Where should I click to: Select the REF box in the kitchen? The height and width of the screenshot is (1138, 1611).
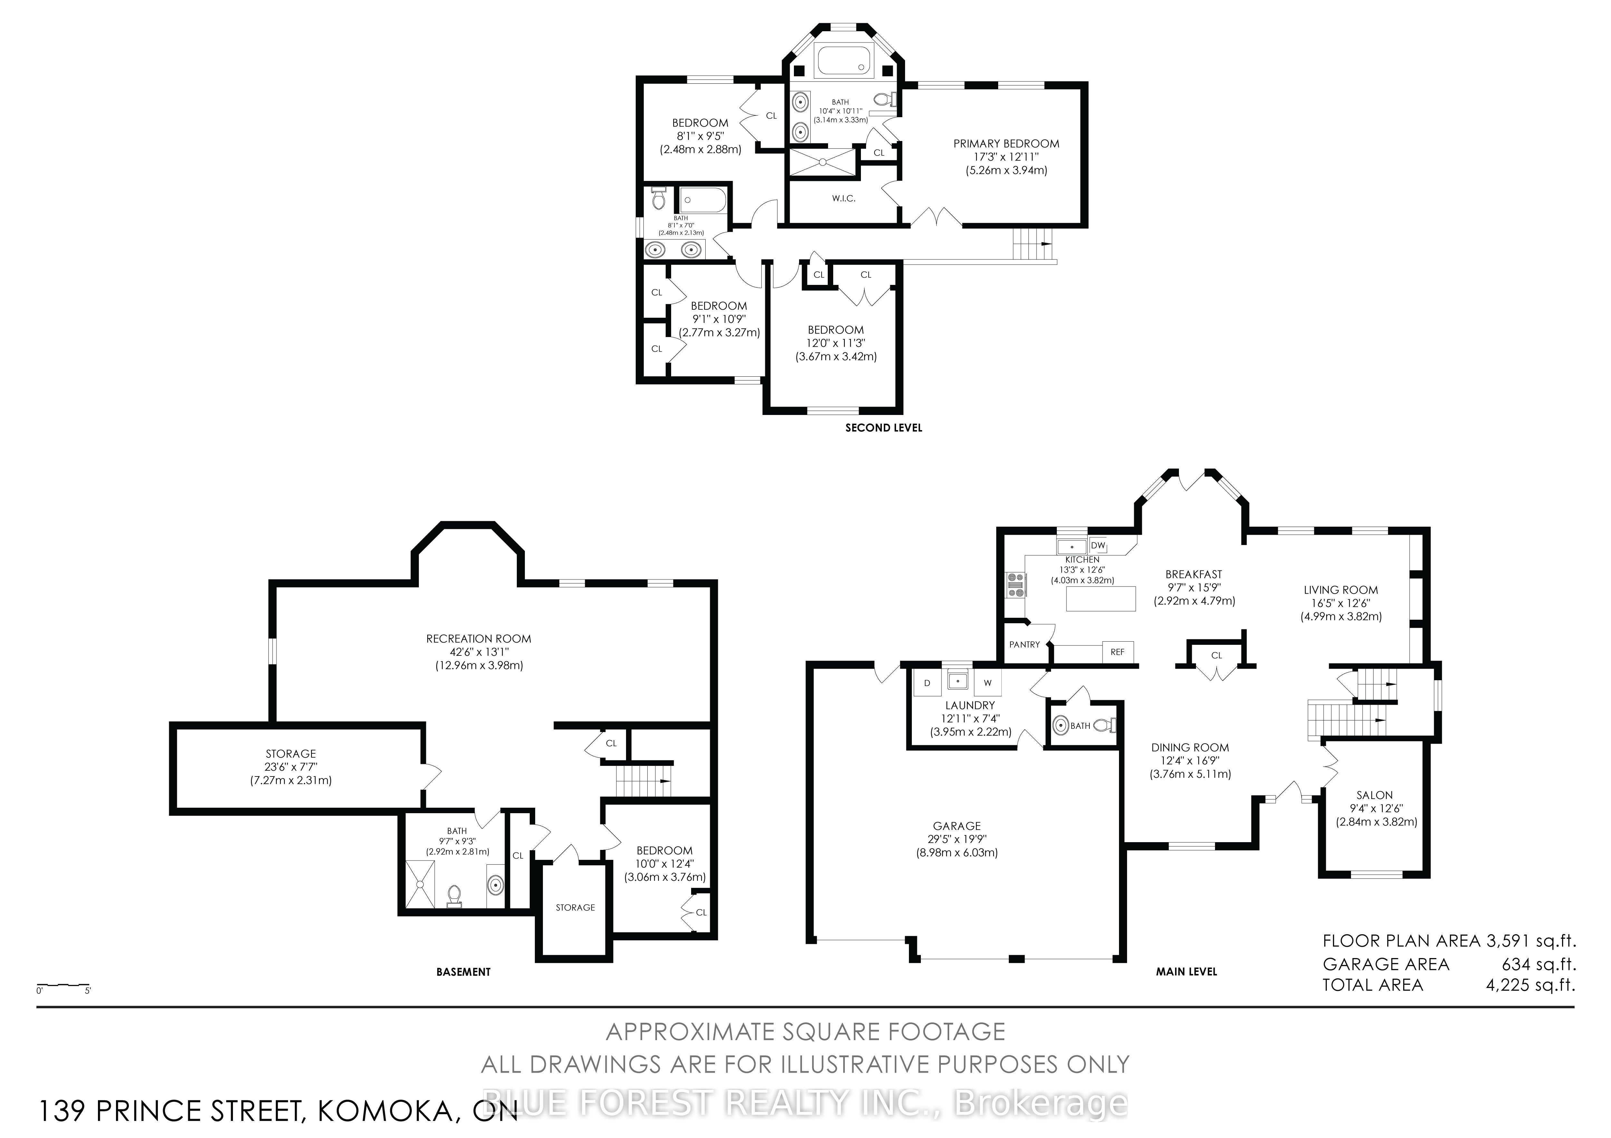[x=1118, y=652]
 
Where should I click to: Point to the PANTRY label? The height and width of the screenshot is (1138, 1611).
[x=1024, y=644]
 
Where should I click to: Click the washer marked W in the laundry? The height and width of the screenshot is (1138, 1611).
[x=987, y=682]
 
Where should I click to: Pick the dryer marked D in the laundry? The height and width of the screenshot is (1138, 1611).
[x=927, y=682]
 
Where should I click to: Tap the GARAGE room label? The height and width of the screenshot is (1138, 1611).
[x=957, y=826]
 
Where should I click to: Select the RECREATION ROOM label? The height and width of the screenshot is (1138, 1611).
[x=478, y=639]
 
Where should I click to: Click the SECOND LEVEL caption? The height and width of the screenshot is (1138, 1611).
[x=883, y=428]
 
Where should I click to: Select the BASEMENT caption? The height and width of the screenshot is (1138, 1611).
[x=463, y=972]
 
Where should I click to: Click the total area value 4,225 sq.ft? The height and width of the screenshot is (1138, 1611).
[x=1530, y=985]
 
